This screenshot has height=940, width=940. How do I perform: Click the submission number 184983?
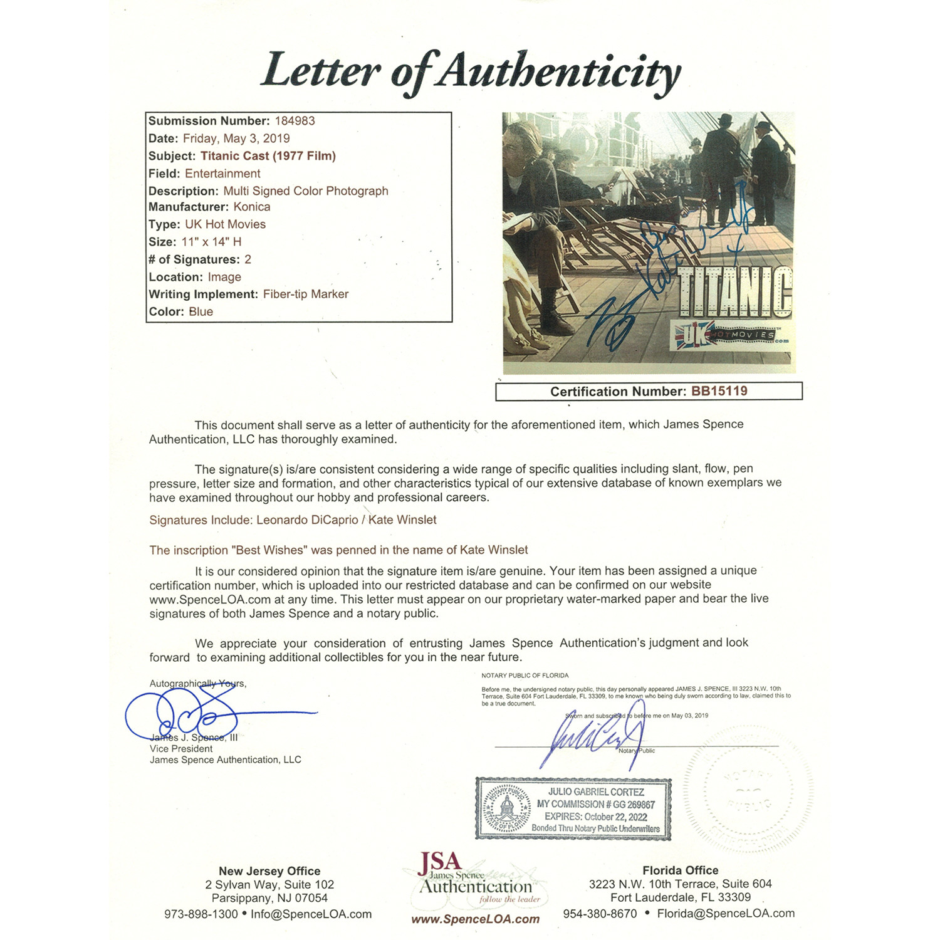(295, 121)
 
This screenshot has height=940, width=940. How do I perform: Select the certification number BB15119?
(719, 392)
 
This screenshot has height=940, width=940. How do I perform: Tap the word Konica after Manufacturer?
(252, 207)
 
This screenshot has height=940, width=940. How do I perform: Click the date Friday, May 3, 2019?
(236, 138)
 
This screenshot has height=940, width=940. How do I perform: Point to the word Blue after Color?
(201, 311)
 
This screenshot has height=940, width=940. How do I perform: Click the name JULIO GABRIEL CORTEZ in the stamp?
(596, 792)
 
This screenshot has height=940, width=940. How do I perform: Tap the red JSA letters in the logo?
(440, 863)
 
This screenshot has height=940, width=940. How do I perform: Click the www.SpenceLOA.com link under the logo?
(475, 919)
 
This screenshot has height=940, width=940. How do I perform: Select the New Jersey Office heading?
(269, 871)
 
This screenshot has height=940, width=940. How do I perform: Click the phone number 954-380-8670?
(600, 914)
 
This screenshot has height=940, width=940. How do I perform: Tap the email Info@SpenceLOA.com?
(311, 914)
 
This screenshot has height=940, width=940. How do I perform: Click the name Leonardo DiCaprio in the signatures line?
(307, 520)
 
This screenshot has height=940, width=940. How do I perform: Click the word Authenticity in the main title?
(558, 74)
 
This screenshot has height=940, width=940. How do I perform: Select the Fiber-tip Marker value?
(305, 294)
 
